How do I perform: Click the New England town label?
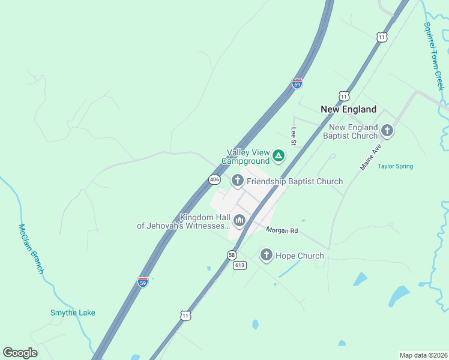348,109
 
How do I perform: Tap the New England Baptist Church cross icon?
387,130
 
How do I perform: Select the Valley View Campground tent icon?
278,156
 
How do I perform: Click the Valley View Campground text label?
246,157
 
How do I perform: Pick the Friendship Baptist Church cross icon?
237,181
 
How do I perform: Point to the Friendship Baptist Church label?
295,181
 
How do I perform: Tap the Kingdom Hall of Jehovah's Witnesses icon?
240,221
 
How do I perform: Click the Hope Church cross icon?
266,255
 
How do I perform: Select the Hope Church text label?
300,256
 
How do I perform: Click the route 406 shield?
214,179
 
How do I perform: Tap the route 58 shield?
232,255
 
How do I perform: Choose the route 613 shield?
240,265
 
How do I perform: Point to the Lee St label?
294,136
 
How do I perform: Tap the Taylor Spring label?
395,166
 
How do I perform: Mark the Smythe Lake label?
73,313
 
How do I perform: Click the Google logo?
20,353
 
